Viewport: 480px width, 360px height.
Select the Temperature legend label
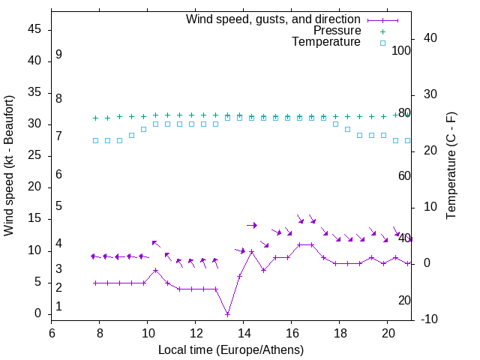[326, 42]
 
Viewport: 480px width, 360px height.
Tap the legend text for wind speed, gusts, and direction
[273, 19]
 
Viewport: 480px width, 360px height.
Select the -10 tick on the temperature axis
[427, 319]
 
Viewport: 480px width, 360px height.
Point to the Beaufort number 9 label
[58, 55]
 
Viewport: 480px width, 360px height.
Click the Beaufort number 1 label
[58, 307]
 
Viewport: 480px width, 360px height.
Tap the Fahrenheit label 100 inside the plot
[401, 50]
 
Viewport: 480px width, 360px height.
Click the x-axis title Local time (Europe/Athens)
[231, 349]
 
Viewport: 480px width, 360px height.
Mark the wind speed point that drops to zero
[227, 313]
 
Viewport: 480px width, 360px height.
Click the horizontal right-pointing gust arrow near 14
[252, 225]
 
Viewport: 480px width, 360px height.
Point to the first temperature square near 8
[95, 140]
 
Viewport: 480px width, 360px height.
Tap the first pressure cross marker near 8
[95, 118]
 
